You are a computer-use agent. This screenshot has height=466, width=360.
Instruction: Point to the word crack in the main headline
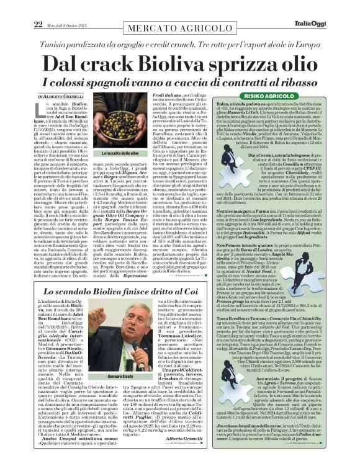coord(100,47)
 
